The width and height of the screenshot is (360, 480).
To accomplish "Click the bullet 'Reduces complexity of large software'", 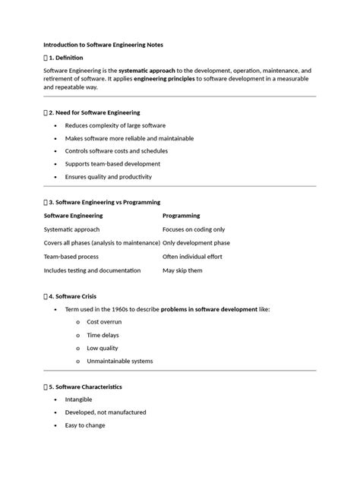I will coord(115,125).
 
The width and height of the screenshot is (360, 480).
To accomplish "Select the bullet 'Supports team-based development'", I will coord(112,163).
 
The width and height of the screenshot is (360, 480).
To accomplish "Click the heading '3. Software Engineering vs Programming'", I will coord(103,203).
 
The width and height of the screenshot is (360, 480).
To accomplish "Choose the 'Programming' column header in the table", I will coord(182,216).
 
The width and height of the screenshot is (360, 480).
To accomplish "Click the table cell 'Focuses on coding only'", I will coord(194,229).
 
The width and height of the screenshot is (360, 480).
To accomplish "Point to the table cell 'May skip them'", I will coord(182,270).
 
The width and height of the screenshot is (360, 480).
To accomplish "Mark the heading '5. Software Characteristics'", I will coord(87,387).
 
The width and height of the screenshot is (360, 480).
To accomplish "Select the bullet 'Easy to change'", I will coord(85,425).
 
